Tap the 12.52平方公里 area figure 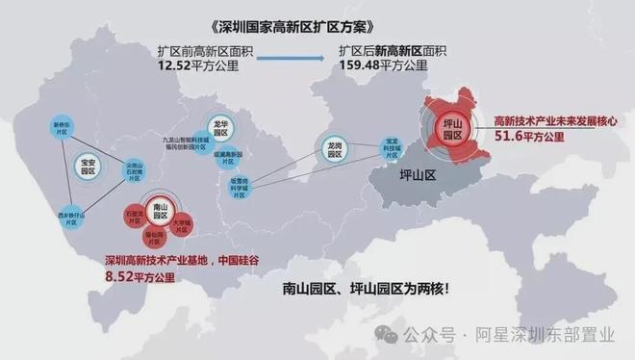point(198,67)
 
